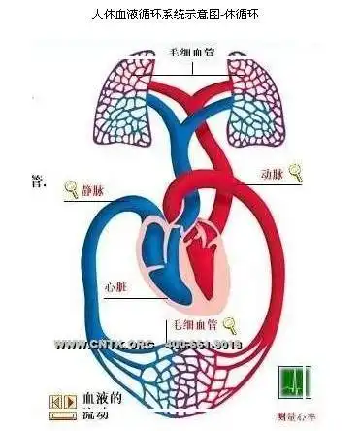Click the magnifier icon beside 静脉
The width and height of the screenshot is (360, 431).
click(x=71, y=188)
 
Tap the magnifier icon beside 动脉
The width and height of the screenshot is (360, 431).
click(x=296, y=175)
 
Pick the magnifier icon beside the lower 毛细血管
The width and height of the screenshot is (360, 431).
click(x=230, y=323)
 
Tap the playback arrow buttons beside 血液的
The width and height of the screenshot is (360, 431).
click(x=62, y=401)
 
